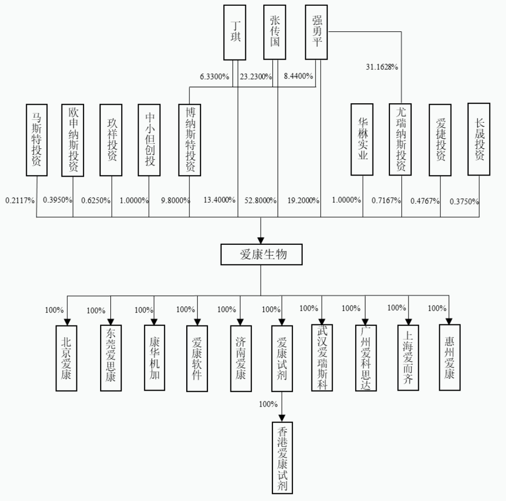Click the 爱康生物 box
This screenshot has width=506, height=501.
click(261, 255)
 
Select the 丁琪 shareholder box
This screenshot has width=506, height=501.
click(235, 32)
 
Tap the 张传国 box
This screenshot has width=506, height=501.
click(275, 32)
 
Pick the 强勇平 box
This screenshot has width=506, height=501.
click(316, 32)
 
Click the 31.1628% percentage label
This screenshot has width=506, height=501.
click(382, 67)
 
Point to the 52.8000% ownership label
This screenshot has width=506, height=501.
click(260, 201)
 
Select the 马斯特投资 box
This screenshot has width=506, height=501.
click(37, 140)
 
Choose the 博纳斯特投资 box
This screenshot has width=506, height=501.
click(190, 140)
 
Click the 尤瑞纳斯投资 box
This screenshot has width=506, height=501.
click(400, 140)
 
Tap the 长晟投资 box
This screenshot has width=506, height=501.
click(479, 139)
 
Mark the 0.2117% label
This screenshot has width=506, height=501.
click(20, 201)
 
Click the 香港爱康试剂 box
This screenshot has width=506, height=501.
click(282, 458)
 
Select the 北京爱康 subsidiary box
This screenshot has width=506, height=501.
click(67, 358)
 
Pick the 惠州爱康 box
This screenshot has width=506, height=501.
click(450, 357)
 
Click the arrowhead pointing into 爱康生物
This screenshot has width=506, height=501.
click(261, 241)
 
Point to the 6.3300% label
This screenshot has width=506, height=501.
click(215, 76)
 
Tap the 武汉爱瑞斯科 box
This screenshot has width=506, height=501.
click(322, 358)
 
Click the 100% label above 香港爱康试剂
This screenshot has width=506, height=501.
click(268, 404)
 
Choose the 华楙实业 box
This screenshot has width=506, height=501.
click(362, 140)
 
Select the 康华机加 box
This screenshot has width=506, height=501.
click(154, 358)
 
